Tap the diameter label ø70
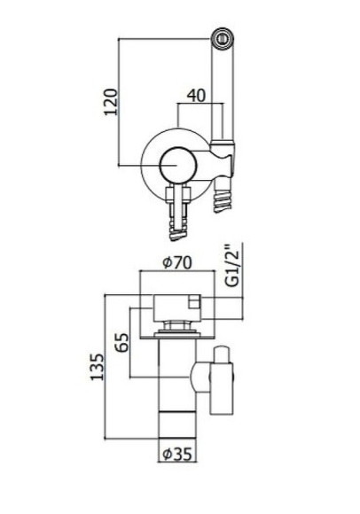click(x=180, y=262)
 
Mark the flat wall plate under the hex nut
click(x=181, y=335)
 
